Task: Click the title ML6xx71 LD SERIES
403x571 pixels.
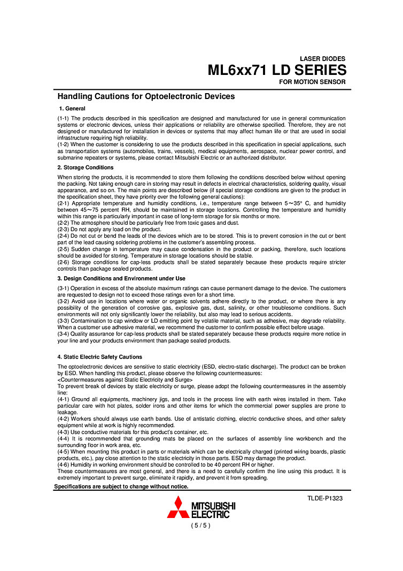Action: pos(277,70)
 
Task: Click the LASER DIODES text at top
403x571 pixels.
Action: pos(322,58)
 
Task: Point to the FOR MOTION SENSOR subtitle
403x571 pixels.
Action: pos(312,82)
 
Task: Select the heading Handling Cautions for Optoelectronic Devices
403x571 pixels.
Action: pos(146,96)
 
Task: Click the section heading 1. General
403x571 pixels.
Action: pos(72,109)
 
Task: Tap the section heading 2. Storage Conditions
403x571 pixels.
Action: pos(86,168)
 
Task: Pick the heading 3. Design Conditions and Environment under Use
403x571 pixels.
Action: pos(121,278)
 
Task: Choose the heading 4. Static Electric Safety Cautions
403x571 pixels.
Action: pos(99,356)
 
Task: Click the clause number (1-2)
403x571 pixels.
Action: pos(63,144)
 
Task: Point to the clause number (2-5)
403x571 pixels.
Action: pos(63,249)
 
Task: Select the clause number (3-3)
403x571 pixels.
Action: pos(63,321)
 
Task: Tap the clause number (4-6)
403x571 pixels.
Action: pos(63,465)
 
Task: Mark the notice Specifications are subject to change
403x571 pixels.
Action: pos(121,486)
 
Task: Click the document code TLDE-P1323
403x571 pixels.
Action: pos(324,498)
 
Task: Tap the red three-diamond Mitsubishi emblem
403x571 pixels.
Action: pos(178,508)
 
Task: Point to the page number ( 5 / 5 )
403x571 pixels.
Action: pos(201,526)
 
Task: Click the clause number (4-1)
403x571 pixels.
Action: pos(63,399)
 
